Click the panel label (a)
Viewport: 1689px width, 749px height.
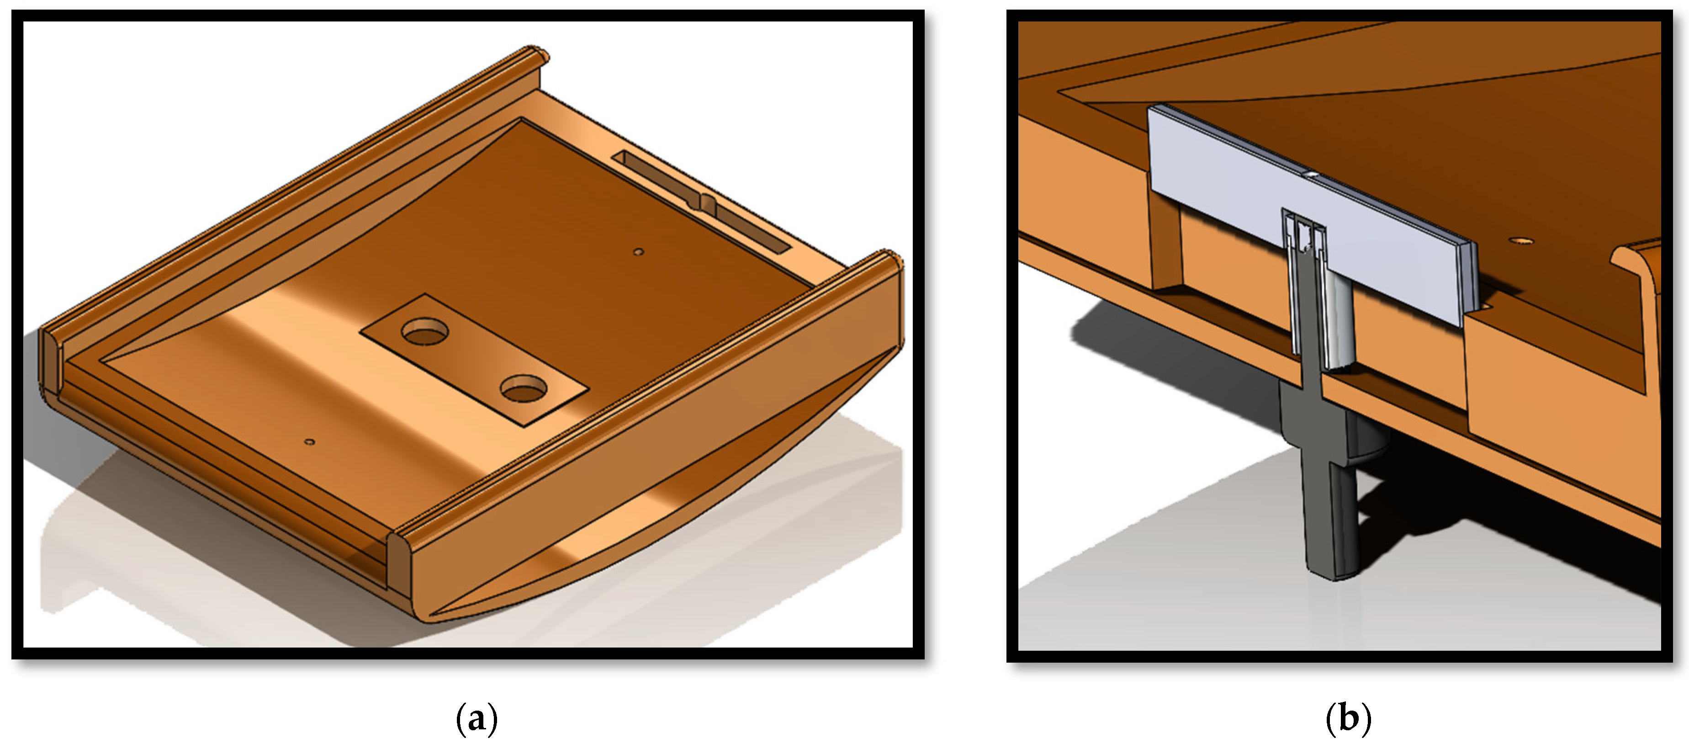477,719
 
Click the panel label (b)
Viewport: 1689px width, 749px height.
1348,719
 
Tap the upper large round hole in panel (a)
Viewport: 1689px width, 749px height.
425,332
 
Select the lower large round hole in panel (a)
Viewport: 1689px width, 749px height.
523,388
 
